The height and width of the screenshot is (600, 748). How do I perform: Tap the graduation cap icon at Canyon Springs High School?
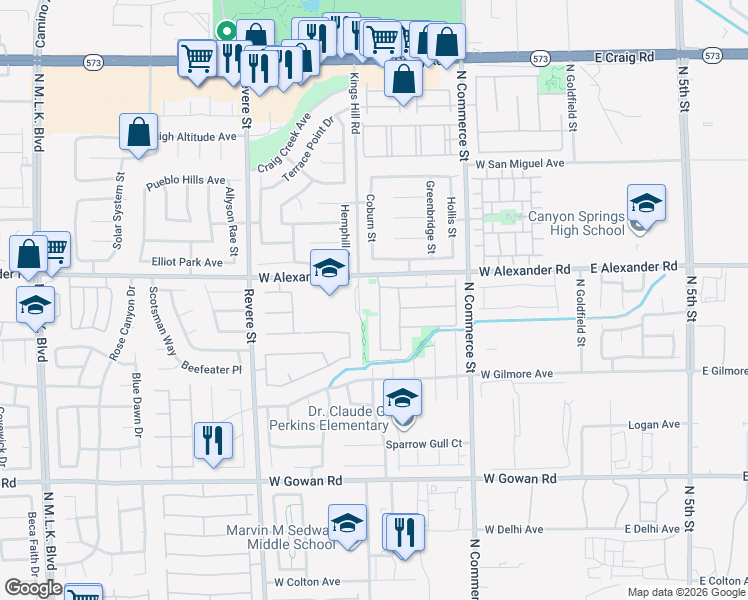tap(646, 204)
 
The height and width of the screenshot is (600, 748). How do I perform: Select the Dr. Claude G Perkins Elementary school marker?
tap(402, 399)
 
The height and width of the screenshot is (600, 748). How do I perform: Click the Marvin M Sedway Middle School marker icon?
tap(347, 523)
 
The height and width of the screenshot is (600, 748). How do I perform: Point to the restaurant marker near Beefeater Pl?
tap(212, 441)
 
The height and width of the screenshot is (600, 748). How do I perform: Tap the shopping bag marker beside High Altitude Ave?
tap(138, 132)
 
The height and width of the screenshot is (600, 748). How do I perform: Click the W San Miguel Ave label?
tap(520, 163)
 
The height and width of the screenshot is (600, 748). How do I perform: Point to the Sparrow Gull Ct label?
tap(425, 443)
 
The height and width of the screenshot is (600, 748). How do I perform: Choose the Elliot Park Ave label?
tap(187, 263)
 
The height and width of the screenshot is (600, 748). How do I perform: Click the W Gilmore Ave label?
tap(516, 374)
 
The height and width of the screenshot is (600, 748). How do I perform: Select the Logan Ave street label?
tap(654, 425)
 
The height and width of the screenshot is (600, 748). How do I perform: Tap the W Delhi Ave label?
tap(513, 530)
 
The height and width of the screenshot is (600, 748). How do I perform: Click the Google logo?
tap(33, 589)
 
